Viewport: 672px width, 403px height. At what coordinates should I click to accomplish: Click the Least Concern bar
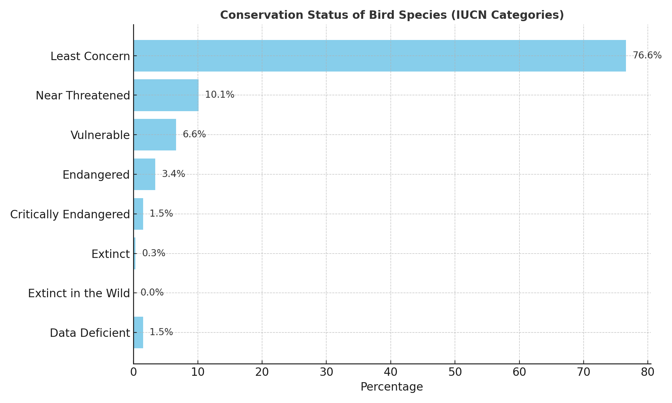pos(380,56)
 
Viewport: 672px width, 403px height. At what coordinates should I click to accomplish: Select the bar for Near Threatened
pos(166,95)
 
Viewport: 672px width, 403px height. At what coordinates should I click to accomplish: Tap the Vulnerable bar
pos(155,135)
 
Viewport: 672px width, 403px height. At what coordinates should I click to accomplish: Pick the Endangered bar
pos(144,174)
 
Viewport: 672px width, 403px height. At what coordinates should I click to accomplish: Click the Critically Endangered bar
pos(138,214)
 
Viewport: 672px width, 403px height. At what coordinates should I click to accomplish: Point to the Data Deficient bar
pos(138,332)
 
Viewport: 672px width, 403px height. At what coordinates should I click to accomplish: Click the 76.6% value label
pos(647,55)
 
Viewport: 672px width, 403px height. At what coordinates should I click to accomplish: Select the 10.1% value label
pos(219,95)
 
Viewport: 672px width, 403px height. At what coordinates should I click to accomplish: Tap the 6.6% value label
pos(194,134)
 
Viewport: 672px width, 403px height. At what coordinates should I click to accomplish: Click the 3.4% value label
pos(173,174)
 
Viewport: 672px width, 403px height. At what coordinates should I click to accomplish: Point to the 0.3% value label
pos(154,253)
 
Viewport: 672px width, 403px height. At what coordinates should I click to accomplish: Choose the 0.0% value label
pos(152,293)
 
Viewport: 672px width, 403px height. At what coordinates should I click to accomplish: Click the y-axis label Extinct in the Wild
pos(79,294)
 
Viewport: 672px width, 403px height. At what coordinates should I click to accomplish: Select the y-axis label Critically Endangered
pos(70,214)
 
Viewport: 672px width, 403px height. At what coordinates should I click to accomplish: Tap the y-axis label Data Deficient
pos(90,333)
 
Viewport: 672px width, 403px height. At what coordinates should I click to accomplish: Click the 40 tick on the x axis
pos(390,372)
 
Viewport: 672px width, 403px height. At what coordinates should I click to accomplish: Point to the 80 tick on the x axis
pos(647,372)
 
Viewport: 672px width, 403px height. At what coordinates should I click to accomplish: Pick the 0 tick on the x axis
pos(133,372)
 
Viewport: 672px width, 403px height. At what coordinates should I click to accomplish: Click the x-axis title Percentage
pos(391,387)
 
